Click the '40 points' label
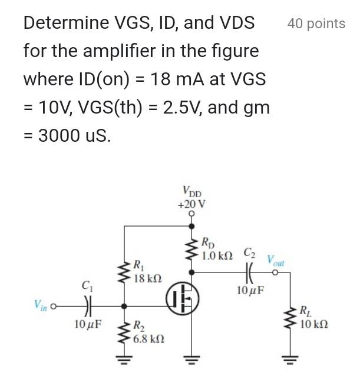pyautogui.click(x=316, y=24)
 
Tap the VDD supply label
pyautogui.click(x=191, y=191)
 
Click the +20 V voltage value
pyautogui.click(x=191, y=204)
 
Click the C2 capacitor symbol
pyautogui.click(x=249, y=272)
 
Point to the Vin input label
pyautogui.click(x=42, y=305)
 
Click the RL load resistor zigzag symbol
pyautogui.click(x=289, y=318)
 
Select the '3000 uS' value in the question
pyautogui.click(x=74, y=135)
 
